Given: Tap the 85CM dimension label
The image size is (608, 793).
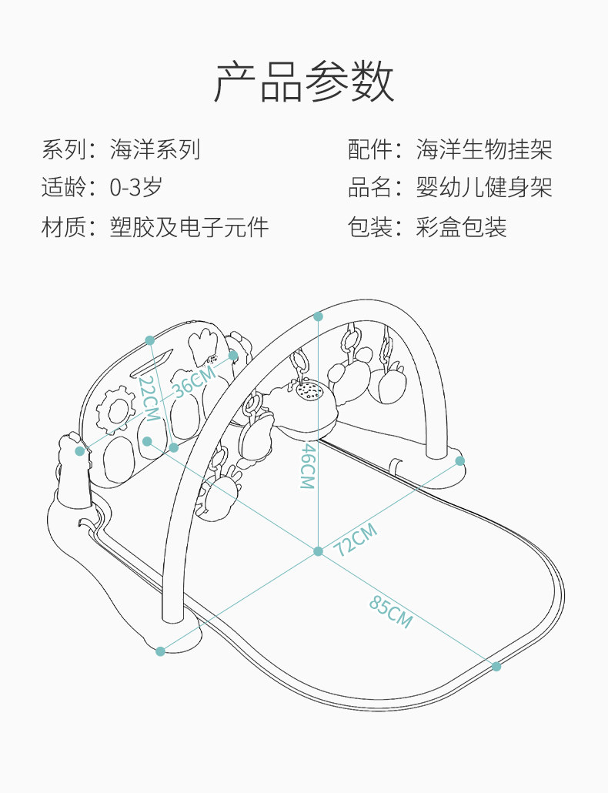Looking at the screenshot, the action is click(x=390, y=612).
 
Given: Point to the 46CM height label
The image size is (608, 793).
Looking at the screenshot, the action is click(x=307, y=467).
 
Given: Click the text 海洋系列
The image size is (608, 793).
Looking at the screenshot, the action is click(x=155, y=149).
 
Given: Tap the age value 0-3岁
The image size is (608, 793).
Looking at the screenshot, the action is click(x=136, y=187).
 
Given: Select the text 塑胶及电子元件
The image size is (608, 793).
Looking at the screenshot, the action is click(x=189, y=227).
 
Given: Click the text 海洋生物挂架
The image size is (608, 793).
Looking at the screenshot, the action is click(x=484, y=149).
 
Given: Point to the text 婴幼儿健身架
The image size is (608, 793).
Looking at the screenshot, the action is click(x=484, y=187).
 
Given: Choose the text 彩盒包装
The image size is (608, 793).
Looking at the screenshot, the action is click(x=462, y=227).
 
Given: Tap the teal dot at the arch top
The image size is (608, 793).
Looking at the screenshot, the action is click(x=319, y=316).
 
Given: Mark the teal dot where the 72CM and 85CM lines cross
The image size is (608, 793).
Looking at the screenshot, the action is click(x=318, y=551).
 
